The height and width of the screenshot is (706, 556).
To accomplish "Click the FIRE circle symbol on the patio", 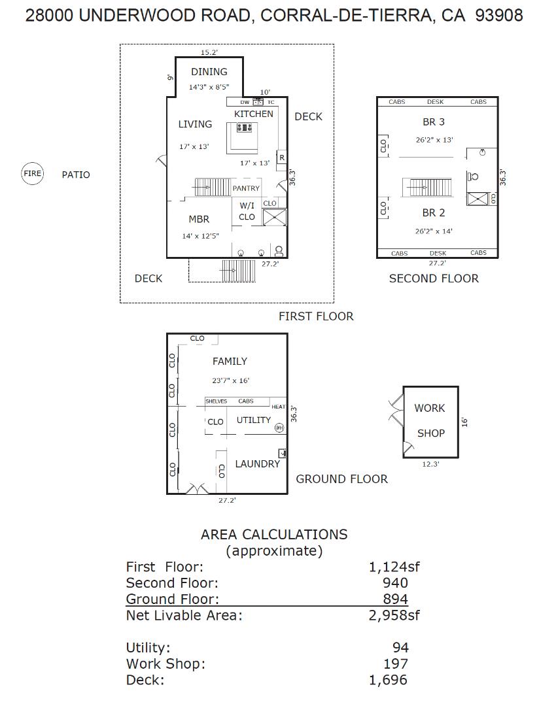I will pos(32,174).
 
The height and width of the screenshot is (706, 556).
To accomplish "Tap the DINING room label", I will pos(209,72).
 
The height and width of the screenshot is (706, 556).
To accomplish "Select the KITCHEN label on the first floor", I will pos(254,114).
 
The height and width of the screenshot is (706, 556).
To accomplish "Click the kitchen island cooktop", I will pos(245,128).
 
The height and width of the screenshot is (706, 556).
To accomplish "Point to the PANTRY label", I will pos(246,188).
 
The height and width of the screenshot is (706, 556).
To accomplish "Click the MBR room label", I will pos(199,219).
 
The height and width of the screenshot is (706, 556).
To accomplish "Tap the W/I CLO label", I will pos(247,211).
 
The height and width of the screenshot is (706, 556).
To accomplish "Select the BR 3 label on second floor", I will pos(434,122).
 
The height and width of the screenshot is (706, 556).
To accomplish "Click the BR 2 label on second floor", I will pos(434,212).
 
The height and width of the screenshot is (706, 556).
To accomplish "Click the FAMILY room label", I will pos(230,361).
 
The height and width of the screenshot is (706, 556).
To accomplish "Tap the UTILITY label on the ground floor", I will pos(254,420).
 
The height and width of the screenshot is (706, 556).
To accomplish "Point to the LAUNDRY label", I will pos(257,463).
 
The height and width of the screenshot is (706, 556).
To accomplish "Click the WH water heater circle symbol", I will pos(280,428).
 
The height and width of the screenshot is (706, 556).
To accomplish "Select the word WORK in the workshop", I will pos(429,408).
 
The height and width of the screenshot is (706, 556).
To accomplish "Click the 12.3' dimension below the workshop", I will pos(430,464).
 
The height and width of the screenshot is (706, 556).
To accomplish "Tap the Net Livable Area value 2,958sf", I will pos(394,614).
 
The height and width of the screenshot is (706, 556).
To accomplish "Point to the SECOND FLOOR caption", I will pos(434,278).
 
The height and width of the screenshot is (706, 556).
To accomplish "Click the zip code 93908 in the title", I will pos(499,16).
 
